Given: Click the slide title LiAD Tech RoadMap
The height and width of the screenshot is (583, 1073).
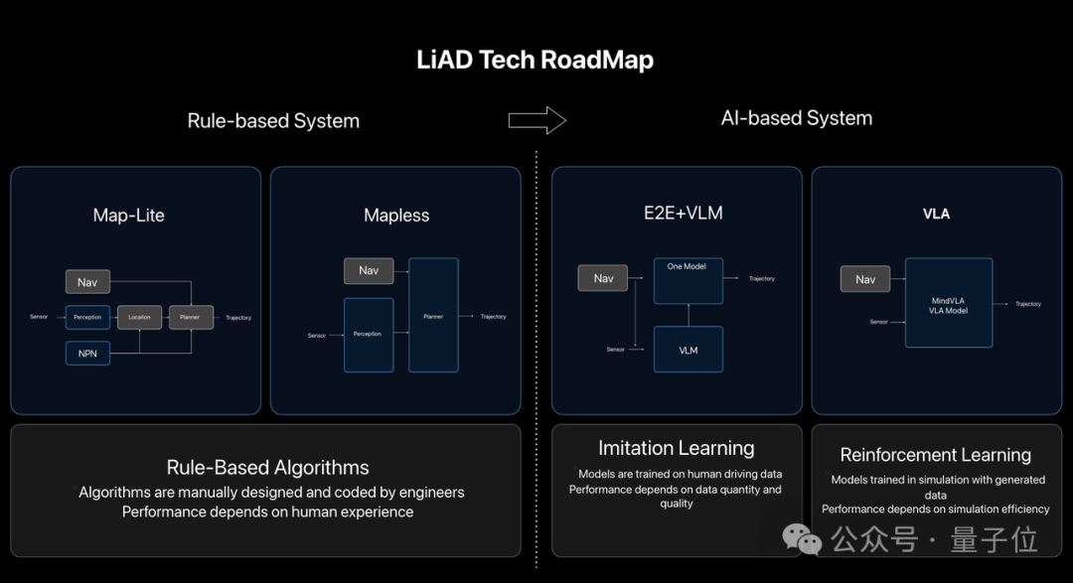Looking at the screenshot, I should point(536,60).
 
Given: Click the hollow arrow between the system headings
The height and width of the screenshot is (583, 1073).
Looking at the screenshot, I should point(536,120).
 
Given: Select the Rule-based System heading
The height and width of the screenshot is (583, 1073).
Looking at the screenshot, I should point(273,121).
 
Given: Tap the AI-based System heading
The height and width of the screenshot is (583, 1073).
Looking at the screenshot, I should point(796,118).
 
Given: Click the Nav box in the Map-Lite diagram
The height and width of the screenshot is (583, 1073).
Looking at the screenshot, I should point(87,282).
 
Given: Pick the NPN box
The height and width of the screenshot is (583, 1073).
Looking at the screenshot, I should point(87,353).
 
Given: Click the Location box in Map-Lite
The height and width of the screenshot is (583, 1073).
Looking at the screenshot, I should point(139,317).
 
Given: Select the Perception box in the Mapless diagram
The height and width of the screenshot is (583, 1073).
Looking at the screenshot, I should point(369,335).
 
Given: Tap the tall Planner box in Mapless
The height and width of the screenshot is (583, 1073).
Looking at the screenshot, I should point(433,315).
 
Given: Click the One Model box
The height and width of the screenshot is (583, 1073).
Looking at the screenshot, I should point(688,280).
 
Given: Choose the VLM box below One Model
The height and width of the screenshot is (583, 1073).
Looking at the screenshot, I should point(688,350).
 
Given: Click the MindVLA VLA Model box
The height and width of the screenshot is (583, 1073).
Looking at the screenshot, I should point(948,303).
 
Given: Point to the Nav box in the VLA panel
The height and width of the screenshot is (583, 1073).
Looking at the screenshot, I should point(865,279).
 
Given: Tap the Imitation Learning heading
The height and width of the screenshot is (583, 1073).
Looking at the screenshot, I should point(677,449).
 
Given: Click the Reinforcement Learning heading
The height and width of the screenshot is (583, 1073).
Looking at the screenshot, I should point(936,455).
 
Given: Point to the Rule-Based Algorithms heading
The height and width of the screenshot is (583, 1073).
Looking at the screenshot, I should point(267,468).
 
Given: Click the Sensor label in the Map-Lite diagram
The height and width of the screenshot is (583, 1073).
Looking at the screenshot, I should point(39,317).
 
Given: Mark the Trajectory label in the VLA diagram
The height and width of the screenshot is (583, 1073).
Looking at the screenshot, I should point(1028,304).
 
